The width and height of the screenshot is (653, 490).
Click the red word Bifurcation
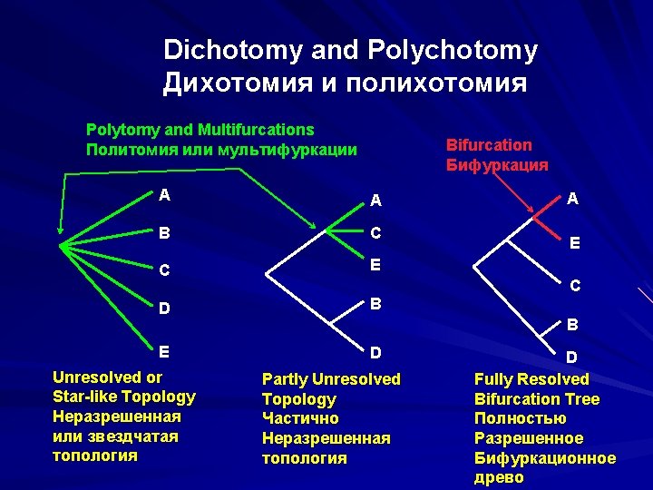[489, 145]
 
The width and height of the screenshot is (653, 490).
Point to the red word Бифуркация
[497, 165]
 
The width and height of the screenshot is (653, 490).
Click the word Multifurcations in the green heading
[259, 131]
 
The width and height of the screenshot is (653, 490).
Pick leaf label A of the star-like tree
[163, 193]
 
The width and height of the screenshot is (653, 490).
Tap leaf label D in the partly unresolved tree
[375, 351]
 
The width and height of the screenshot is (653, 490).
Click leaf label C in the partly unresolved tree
[375, 233]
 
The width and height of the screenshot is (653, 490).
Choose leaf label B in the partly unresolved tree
[375, 303]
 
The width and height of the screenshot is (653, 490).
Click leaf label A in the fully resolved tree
[572, 199]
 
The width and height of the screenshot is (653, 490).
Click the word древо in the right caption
[499, 478]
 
